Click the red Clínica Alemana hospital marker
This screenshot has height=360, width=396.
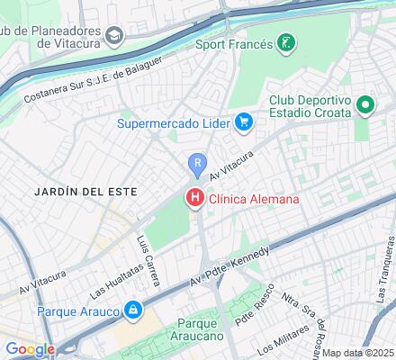point(193,198)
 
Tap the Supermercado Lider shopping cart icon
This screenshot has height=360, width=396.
point(243,121)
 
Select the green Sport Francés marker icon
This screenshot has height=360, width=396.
point(285,42)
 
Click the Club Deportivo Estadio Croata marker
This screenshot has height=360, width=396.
point(365,106)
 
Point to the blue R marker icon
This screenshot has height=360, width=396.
point(196,164)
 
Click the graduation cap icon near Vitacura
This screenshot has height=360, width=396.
point(114,35)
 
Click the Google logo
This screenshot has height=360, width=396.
point(31,349)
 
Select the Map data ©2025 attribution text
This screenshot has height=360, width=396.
point(357,353)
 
